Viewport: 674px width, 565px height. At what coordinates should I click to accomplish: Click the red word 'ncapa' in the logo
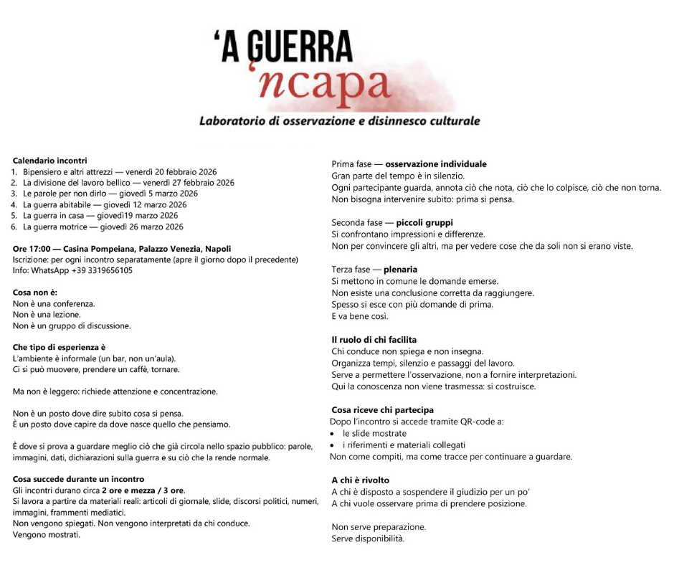[323, 85]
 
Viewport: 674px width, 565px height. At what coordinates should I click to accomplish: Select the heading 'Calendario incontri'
[50, 161]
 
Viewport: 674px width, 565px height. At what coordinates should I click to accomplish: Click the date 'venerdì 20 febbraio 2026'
[172, 172]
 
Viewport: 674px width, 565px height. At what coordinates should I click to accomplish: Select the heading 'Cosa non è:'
[34, 293]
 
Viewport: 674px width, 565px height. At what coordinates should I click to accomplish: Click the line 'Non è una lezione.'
[47, 315]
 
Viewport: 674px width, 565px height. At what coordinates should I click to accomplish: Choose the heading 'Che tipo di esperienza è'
[60, 348]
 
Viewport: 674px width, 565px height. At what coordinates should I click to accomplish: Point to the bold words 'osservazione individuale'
[441, 164]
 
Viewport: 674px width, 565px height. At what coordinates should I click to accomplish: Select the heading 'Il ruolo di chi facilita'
[374, 340]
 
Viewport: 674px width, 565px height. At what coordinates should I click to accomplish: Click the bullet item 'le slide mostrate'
[374, 433]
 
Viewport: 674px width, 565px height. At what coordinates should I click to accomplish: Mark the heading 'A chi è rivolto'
[361, 480]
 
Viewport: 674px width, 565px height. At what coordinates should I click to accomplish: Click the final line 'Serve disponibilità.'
[368, 538]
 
